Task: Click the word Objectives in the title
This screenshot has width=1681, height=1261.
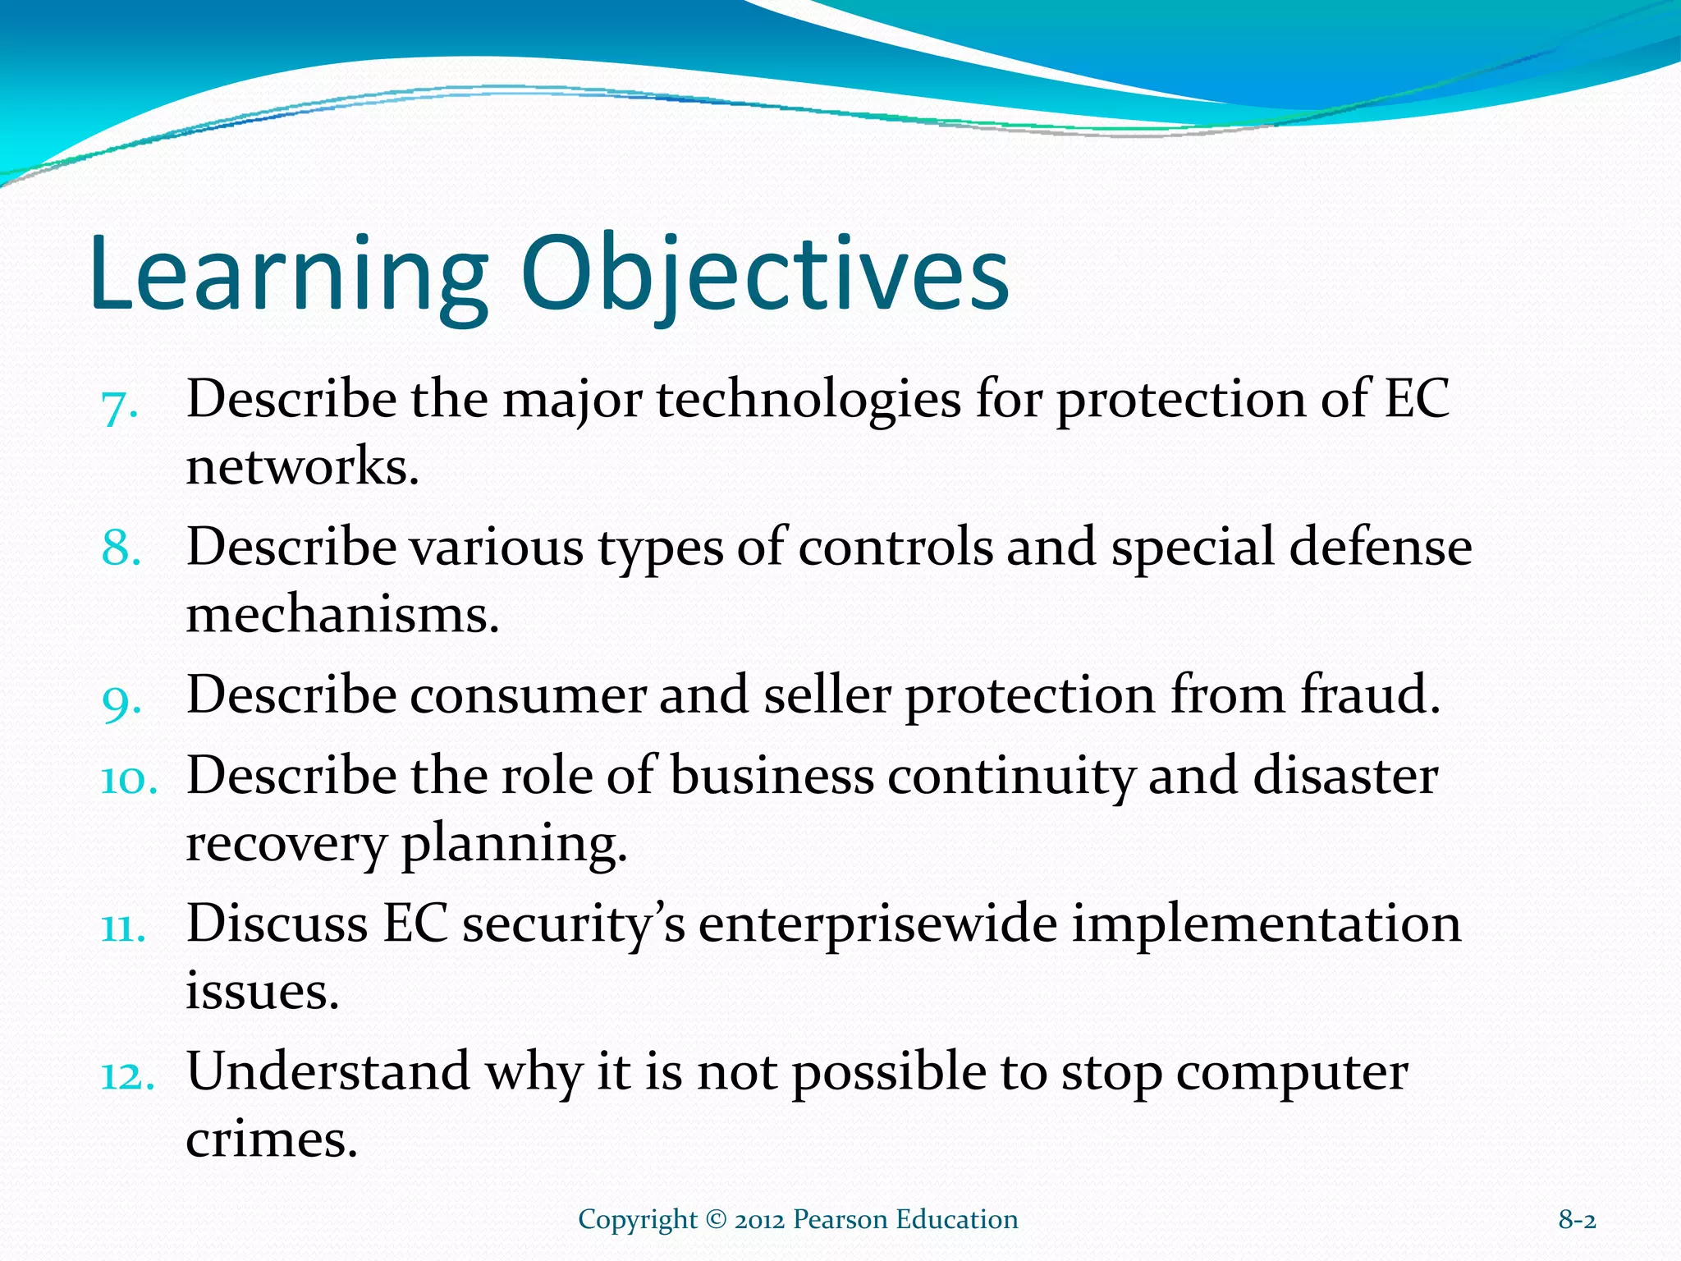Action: point(763,275)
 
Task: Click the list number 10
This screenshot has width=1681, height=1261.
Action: point(128,778)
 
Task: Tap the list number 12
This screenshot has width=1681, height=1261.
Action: point(128,1075)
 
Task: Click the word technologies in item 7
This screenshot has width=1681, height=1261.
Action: point(808,401)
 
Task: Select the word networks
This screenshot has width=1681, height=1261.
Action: point(302,468)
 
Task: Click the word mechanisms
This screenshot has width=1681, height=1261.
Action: point(342,616)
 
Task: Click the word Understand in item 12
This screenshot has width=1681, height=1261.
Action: point(328,1073)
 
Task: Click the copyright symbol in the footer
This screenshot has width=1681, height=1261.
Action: point(716,1220)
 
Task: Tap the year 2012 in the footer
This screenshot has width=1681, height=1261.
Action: point(760,1220)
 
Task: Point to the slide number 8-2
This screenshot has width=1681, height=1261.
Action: point(1577,1220)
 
